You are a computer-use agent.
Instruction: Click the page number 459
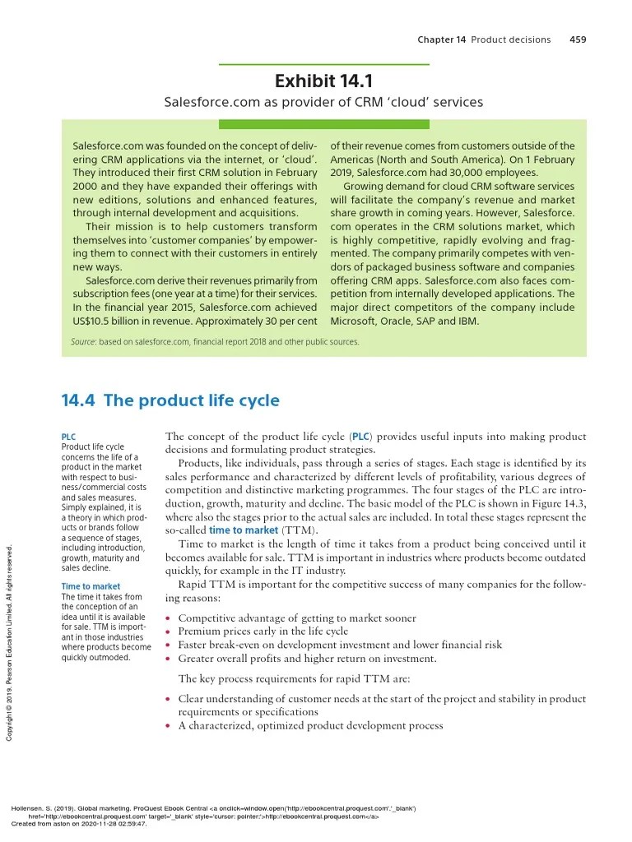(x=578, y=39)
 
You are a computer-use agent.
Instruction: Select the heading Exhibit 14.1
(x=323, y=81)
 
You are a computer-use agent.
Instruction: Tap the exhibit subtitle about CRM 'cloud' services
(x=323, y=103)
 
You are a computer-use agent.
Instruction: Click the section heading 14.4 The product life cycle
(x=170, y=400)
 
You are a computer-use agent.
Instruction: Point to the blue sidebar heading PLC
(x=68, y=437)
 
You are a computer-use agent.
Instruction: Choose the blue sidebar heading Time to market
(x=91, y=586)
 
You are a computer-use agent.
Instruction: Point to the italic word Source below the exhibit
(x=83, y=342)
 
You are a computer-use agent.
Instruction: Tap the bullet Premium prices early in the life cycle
(x=263, y=631)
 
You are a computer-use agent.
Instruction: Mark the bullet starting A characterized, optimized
(x=310, y=725)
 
